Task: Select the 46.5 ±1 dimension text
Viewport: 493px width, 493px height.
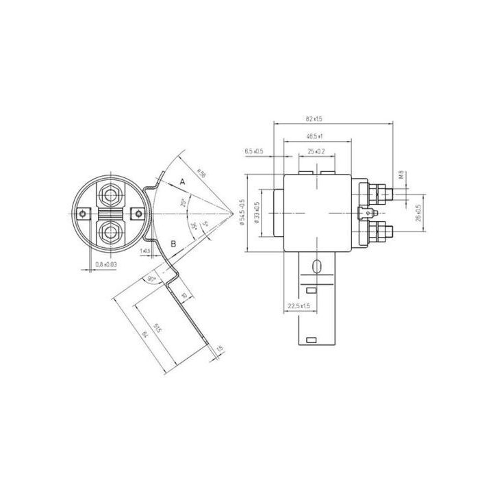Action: coord(315,136)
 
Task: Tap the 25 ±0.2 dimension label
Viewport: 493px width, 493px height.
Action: coord(316,151)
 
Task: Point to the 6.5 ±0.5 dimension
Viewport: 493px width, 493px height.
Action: coord(254,151)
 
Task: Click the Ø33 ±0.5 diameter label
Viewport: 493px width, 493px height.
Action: coord(257,212)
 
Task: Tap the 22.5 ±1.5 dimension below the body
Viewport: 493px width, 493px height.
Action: coord(299,305)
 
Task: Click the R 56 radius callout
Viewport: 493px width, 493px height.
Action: coord(201,175)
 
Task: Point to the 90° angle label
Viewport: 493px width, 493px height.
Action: coord(151,279)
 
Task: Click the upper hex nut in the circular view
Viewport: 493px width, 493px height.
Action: coord(110,194)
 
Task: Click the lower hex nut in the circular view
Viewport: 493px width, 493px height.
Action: coord(110,234)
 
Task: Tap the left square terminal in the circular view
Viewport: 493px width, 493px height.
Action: coord(84,214)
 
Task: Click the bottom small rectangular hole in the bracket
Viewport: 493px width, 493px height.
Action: coord(312,340)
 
